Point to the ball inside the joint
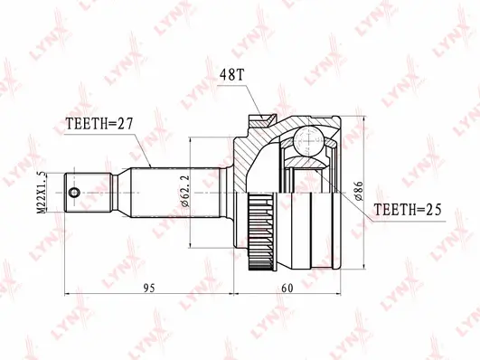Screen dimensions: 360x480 306,140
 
